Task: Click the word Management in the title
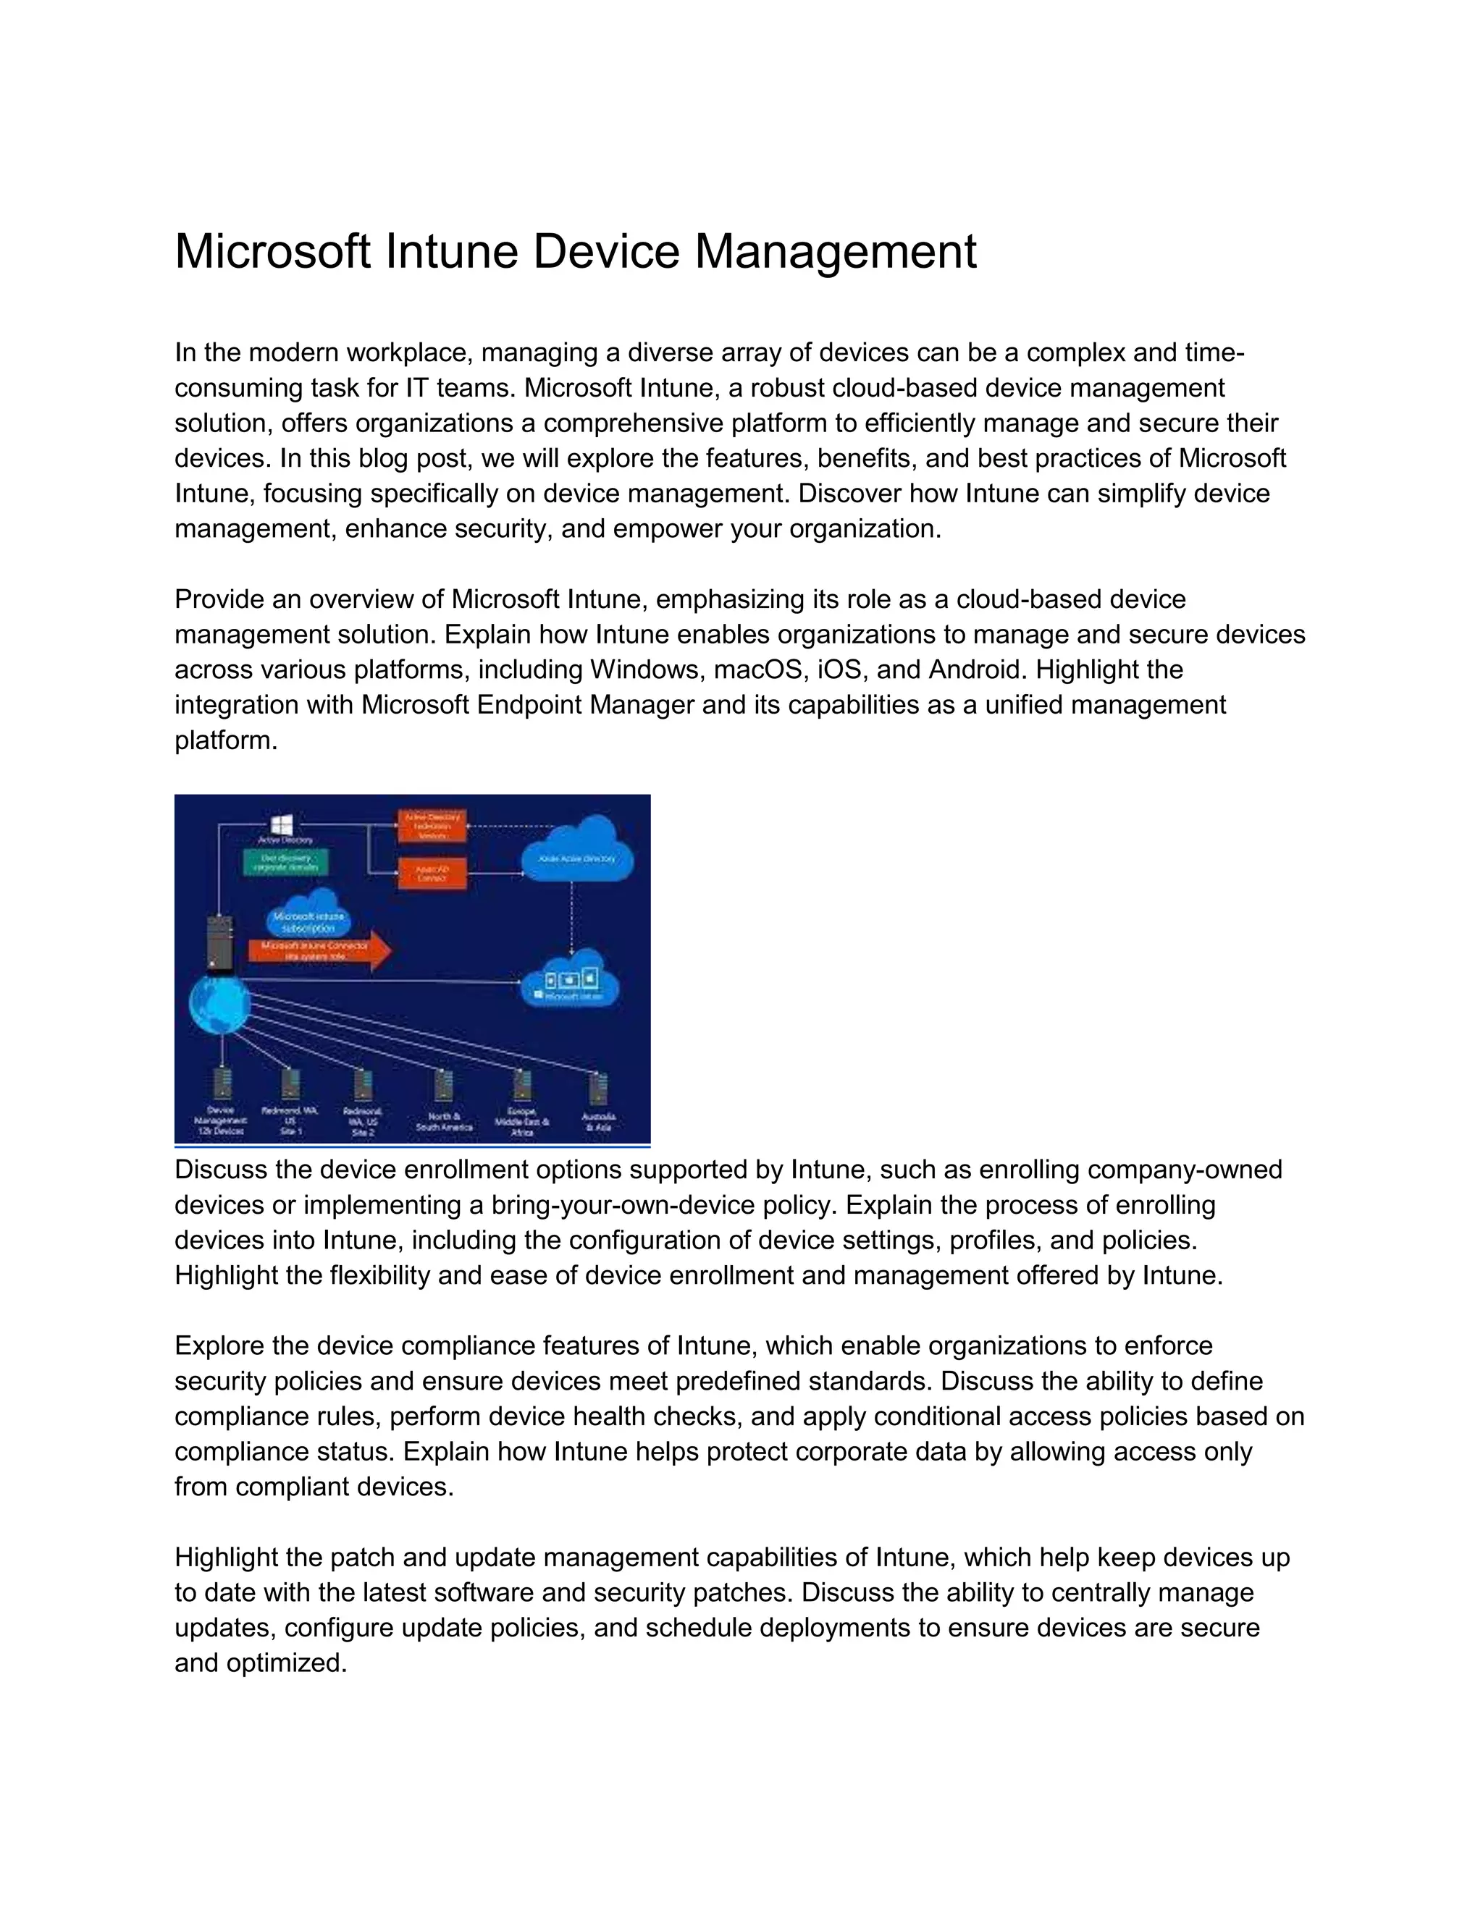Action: pos(836,251)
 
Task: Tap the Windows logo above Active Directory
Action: pos(282,824)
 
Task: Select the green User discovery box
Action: pos(284,861)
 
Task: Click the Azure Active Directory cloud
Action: pos(578,850)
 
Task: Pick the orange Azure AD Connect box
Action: pos(432,872)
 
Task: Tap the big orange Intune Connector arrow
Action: pos(321,950)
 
